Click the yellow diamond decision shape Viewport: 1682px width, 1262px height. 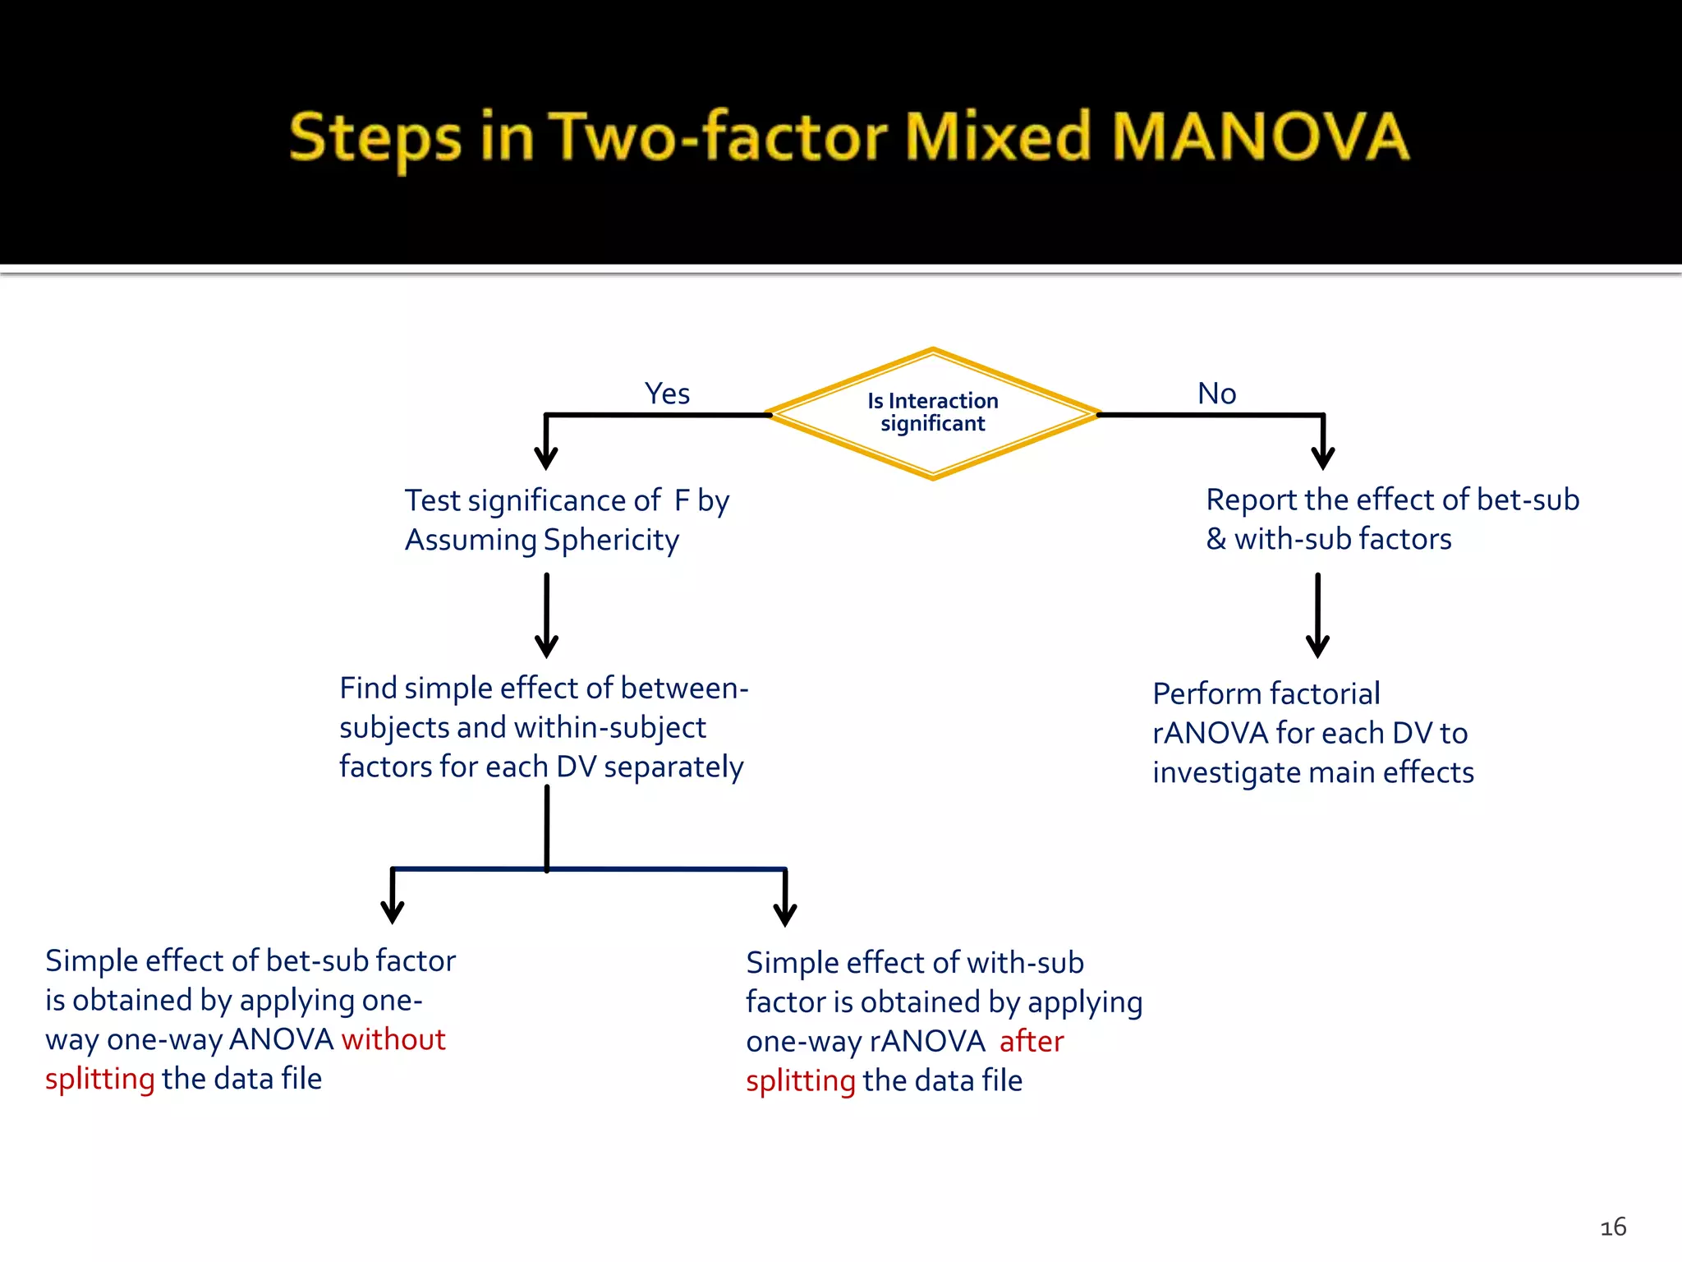[933, 413]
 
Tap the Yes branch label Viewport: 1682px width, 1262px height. [667, 394]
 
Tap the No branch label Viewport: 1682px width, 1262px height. [1216, 394]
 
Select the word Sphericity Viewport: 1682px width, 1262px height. [611, 541]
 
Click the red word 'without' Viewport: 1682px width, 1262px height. [393, 1039]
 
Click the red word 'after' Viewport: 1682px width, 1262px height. [1032, 1042]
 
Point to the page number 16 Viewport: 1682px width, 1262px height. [1613, 1227]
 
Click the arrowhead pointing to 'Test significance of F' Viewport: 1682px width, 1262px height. [546, 457]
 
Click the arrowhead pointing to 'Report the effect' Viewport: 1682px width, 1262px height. [1322, 457]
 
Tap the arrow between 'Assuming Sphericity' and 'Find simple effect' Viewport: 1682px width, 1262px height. [546, 616]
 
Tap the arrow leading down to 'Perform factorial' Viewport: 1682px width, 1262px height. [1317, 616]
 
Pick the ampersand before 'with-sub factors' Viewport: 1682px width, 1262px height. [1216, 540]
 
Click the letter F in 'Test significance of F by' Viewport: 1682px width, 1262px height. [682, 500]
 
